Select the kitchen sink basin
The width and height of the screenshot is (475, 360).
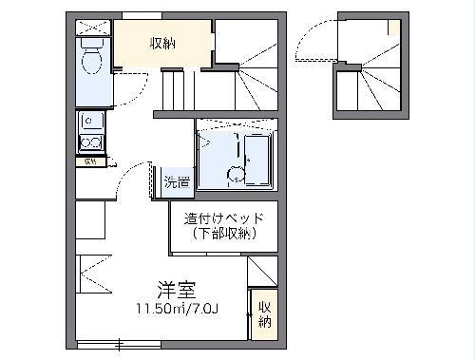(x=92, y=121)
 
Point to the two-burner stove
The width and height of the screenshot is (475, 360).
(x=92, y=143)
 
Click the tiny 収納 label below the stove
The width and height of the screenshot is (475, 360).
(x=91, y=161)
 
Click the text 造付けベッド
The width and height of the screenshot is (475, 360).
(x=224, y=218)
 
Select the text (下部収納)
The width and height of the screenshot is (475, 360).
(x=224, y=234)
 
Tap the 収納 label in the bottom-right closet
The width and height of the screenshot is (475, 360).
(x=264, y=314)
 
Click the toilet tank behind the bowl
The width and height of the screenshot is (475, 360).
(x=92, y=44)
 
